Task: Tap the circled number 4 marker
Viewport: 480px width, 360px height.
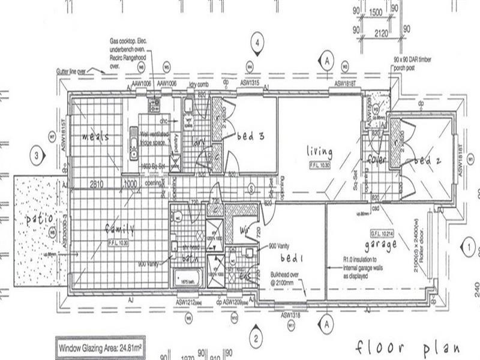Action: (257, 43)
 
